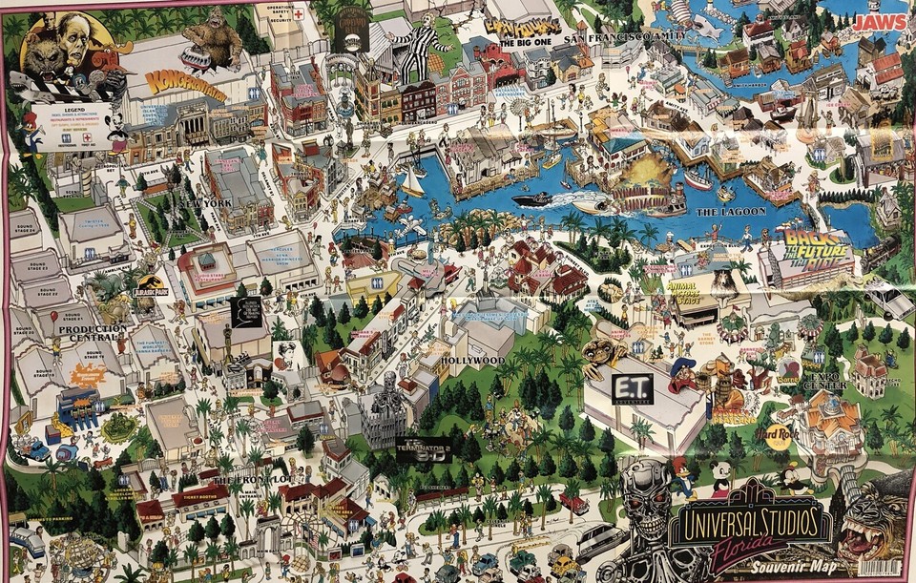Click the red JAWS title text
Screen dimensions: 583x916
(x=879, y=21)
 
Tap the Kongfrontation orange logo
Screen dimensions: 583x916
(x=187, y=87)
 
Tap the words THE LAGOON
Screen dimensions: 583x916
(x=732, y=211)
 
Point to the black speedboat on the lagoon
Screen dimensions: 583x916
(x=534, y=199)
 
